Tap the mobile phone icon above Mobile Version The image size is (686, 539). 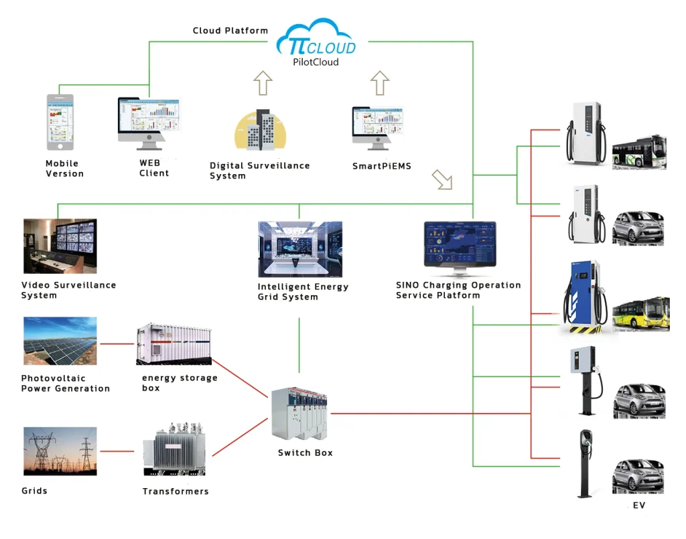[60, 122]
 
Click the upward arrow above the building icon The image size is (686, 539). [263, 84]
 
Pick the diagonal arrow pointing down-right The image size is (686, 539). [442, 179]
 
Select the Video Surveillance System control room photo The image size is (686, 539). [59, 246]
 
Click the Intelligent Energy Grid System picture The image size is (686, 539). [300, 249]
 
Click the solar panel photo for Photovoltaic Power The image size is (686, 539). [60, 341]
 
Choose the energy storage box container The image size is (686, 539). [174, 344]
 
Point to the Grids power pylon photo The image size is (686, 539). [60, 451]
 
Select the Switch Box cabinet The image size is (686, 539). [300, 414]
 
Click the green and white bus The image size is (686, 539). [639, 151]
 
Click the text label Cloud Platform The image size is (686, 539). [230, 31]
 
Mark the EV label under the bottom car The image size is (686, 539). [639, 506]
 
